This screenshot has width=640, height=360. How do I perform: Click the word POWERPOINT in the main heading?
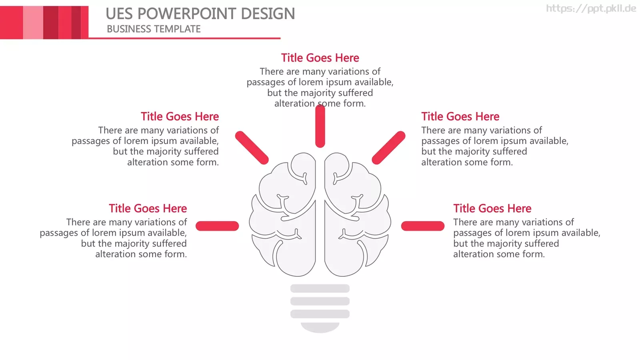click(x=187, y=14)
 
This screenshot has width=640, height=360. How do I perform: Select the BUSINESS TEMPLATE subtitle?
click(x=154, y=29)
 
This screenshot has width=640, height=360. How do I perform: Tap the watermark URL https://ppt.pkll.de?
click(x=591, y=8)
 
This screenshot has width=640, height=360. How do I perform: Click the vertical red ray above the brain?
click(x=320, y=126)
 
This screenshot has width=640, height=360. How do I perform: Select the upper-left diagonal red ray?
click(x=252, y=148)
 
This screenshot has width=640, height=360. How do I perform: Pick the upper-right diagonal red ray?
click(x=388, y=148)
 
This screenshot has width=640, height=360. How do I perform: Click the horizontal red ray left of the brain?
click(x=217, y=226)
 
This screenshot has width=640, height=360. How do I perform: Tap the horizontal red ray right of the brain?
click(x=422, y=226)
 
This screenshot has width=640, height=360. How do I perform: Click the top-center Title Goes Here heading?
click(x=320, y=58)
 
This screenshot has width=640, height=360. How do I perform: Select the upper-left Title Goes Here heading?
click(x=180, y=116)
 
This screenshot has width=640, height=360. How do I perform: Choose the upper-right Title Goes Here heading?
click(x=460, y=116)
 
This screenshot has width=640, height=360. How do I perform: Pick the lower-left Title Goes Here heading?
click(x=148, y=208)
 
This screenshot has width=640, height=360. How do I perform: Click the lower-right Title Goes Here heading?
click(x=492, y=208)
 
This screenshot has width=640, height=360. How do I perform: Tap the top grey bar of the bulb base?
click(x=320, y=288)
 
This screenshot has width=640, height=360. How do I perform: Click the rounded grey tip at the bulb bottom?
click(x=320, y=328)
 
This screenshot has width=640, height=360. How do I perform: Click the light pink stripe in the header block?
click(x=33, y=22)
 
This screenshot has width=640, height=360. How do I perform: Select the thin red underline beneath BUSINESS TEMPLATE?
click(x=184, y=38)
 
